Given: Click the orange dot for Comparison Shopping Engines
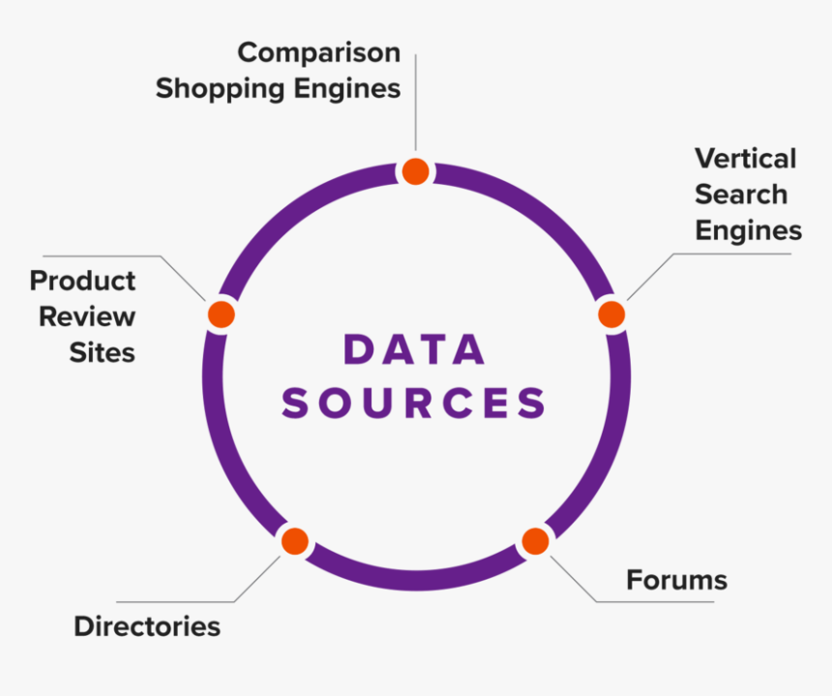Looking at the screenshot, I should pyautogui.click(x=415, y=171).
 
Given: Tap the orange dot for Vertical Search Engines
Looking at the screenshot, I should pyautogui.click(x=611, y=314).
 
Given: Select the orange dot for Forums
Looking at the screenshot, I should pyautogui.click(x=535, y=541).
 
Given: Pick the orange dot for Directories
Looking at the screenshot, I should pyautogui.click(x=294, y=541).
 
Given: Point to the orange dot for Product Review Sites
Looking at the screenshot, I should pyautogui.click(x=222, y=314).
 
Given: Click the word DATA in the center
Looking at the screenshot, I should pyautogui.click(x=415, y=350).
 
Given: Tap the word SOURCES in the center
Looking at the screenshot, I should pyautogui.click(x=415, y=403).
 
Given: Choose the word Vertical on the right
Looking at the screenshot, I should pyautogui.click(x=745, y=158).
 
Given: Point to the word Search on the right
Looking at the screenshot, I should pyautogui.click(x=741, y=194).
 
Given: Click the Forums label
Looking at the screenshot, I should pyautogui.click(x=676, y=580).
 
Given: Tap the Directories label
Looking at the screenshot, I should pyautogui.click(x=147, y=626).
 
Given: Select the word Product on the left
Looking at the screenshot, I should pyautogui.click(x=82, y=281).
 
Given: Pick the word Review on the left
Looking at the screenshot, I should pyautogui.click(x=87, y=317).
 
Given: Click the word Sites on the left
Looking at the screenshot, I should pyautogui.click(x=102, y=352).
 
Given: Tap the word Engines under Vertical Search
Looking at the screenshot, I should pyautogui.click(x=748, y=230).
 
